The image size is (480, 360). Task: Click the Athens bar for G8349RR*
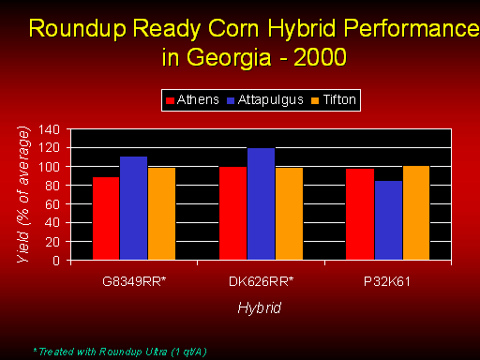(106, 218)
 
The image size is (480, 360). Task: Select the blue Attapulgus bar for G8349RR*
(133, 208)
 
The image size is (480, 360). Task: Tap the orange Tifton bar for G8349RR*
(161, 214)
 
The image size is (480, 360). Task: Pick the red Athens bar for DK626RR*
(232, 213)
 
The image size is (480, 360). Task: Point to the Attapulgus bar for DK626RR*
(261, 204)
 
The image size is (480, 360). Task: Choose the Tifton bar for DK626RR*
(289, 214)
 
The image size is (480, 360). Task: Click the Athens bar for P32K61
(360, 214)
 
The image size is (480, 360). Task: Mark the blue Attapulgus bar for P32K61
(388, 220)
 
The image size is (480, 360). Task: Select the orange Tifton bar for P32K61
(416, 213)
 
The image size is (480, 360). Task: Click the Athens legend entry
(192, 100)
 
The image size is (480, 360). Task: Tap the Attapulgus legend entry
(265, 100)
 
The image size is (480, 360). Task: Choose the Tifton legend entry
(334, 100)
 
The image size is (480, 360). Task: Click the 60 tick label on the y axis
(52, 204)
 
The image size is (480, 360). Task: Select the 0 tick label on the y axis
(56, 261)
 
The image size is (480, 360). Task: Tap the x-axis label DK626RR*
(262, 281)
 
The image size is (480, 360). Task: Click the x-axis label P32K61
(387, 281)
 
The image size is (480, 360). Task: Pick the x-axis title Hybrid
(260, 308)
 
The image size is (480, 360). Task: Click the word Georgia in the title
(229, 57)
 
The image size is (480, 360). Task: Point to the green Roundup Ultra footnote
(120, 352)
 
